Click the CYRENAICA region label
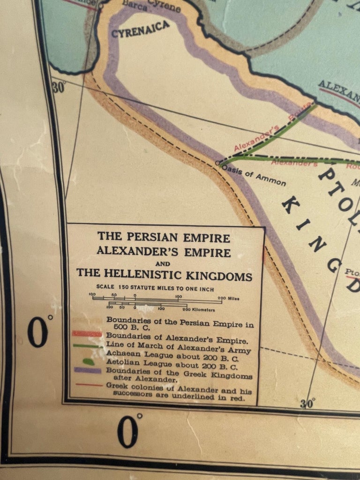[x=140, y=30]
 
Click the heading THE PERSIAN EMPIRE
[x=164, y=237]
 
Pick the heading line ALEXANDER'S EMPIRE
[x=164, y=252]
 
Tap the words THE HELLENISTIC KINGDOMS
[x=164, y=275]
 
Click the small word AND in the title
[x=164, y=263]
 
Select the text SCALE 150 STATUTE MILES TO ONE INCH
[x=155, y=289]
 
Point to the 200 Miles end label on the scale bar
[x=228, y=298]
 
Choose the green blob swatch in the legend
[x=89, y=361]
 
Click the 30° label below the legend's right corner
[x=307, y=403]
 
